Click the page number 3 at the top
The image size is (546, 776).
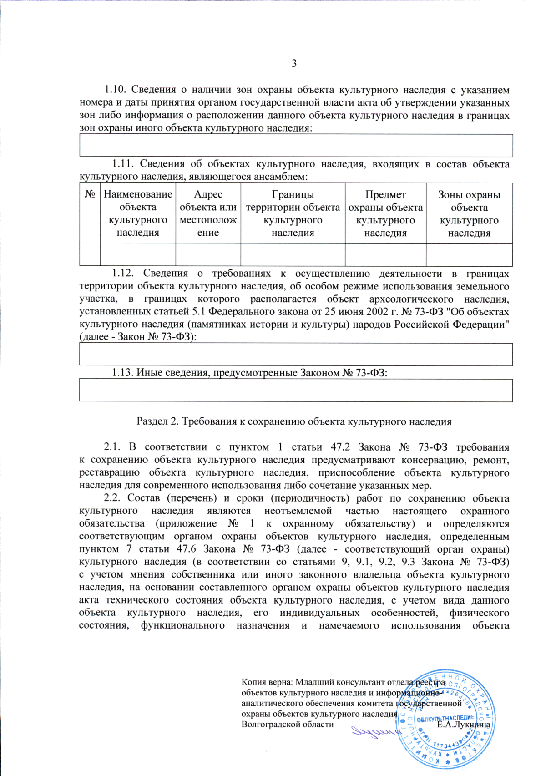[x=294, y=63]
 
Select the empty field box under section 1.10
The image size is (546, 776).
[x=296, y=146]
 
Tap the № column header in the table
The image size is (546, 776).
[x=90, y=194]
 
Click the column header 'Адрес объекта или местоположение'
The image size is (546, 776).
[x=208, y=213]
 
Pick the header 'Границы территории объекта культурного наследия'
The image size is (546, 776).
[x=293, y=213]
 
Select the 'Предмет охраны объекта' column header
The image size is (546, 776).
[x=385, y=213]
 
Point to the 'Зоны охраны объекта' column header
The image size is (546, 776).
[x=469, y=213]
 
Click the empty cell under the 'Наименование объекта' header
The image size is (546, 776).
[x=137, y=254]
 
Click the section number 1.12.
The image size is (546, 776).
[x=122, y=274]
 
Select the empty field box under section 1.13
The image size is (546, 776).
[x=296, y=390]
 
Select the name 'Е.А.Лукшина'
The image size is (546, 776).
[x=463, y=724]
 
